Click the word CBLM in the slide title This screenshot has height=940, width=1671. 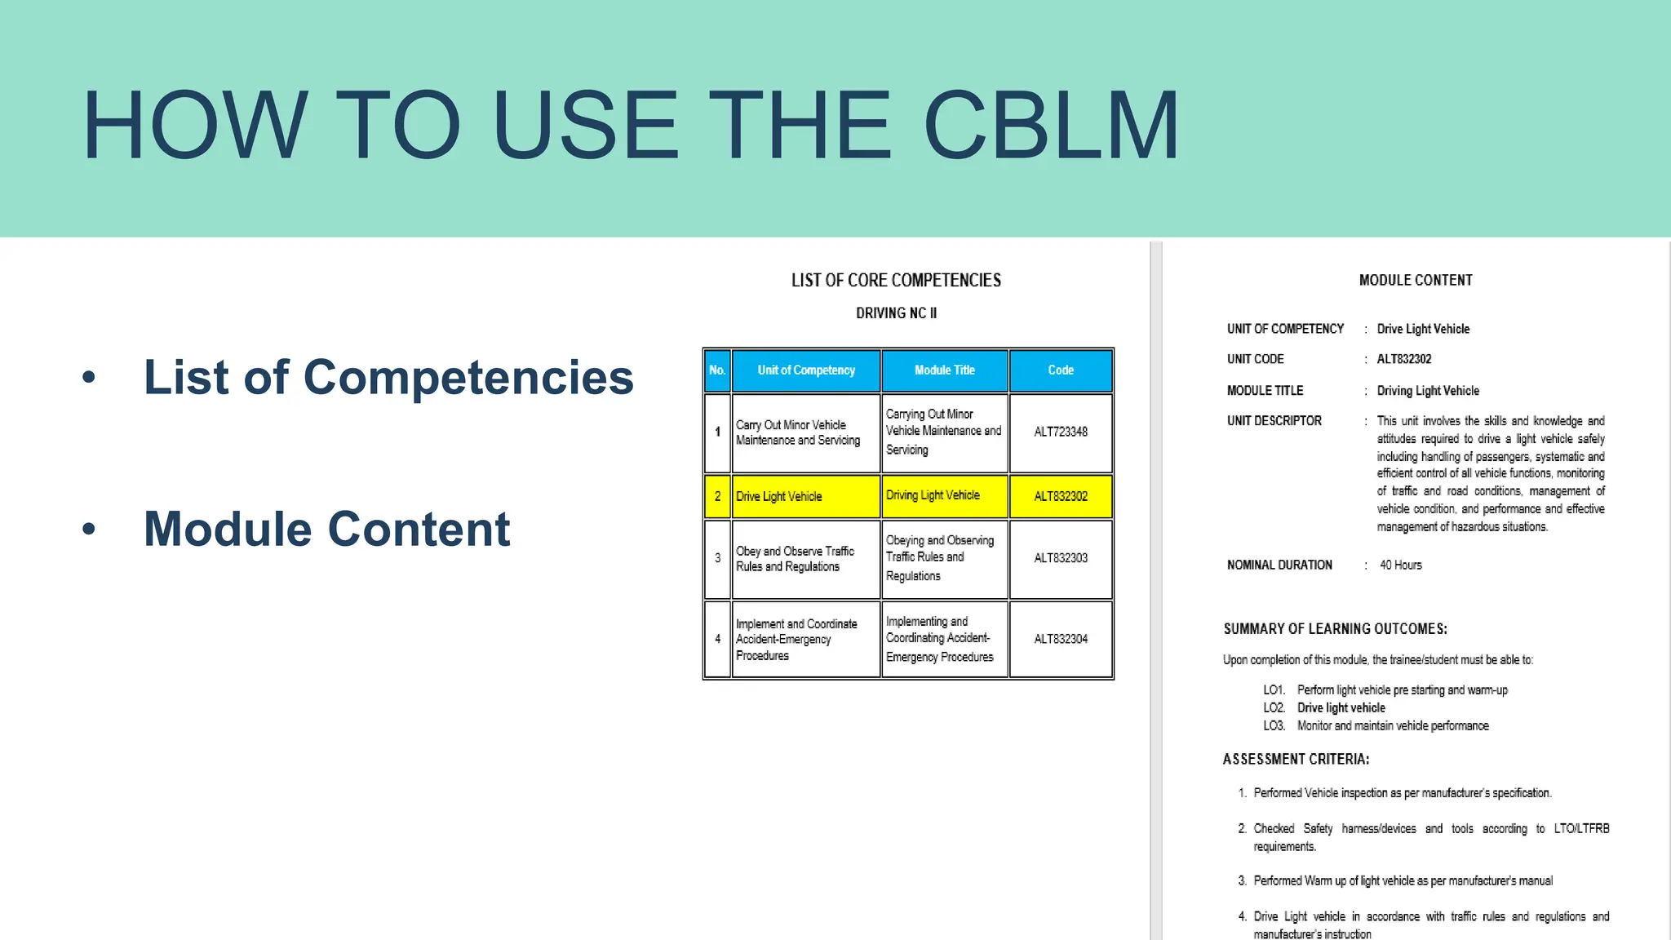tap(1051, 125)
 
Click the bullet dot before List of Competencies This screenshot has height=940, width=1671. tap(89, 377)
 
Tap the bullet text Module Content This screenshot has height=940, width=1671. tap(326, 529)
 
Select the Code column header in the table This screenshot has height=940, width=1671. tap(1061, 370)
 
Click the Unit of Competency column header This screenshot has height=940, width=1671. tap(806, 370)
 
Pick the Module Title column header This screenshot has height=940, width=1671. tap(945, 370)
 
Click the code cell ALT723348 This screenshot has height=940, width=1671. tap(1061, 432)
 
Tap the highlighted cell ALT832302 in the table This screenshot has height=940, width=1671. tap(1061, 496)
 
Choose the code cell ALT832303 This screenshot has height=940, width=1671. tap(1061, 558)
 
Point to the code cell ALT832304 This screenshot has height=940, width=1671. tap(1061, 639)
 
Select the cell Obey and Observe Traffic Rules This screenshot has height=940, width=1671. tap(795, 559)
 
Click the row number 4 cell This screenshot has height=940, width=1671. tap(718, 639)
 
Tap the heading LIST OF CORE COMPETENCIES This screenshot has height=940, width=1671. tap(896, 281)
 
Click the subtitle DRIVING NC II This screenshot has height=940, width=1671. tap(896, 313)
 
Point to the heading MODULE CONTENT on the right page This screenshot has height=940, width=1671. tap(1416, 281)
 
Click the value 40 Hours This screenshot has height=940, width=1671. tap(1400, 565)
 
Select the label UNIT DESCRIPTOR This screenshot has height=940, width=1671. tap(1274, 421)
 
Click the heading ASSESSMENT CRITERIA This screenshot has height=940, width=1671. tap(1296, 759)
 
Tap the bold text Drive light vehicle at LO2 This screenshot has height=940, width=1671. tap(1341, 708)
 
